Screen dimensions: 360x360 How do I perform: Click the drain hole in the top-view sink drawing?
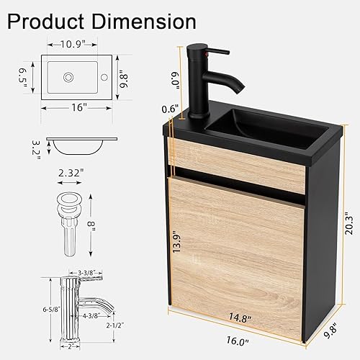71,76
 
